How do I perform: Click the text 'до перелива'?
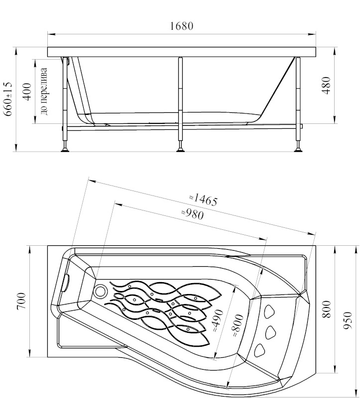(x=44, y=92)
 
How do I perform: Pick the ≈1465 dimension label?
(x=203, y=199)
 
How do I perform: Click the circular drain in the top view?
(x=101, y=291)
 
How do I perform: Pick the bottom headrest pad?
(x=260, y=350)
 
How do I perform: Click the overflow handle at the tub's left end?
(x=65, y=283)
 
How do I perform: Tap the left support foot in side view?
(x=65, y=148)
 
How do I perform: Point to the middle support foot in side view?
(x=180, y=147)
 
